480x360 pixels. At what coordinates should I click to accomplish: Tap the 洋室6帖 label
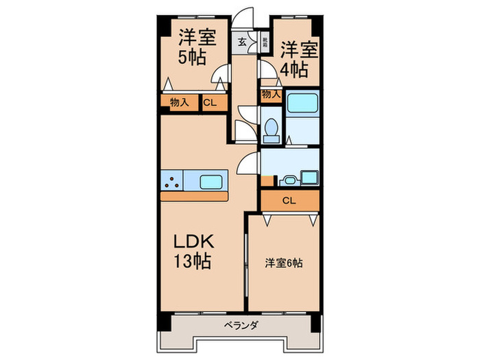(285, 263)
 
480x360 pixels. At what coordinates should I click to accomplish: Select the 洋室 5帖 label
(197, 47)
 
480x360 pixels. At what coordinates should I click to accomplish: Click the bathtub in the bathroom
(302, 104)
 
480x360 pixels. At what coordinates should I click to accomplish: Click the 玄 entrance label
(242, 42)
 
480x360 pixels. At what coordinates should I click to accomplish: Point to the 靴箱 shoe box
(264, 41)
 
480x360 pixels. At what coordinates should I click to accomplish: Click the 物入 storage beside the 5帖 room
(179, 103)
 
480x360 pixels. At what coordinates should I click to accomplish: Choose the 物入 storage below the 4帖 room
(271, 95)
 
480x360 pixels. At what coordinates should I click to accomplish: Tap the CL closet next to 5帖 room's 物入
(211, 103)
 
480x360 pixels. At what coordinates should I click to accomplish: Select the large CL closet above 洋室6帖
(289, 201)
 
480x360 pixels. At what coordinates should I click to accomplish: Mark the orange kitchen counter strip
(195, 196)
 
